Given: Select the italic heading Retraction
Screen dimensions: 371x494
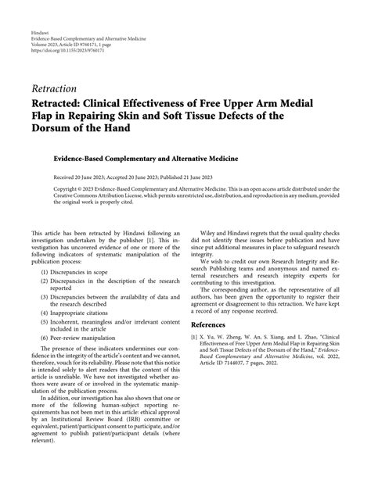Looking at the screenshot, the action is (54, 89).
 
